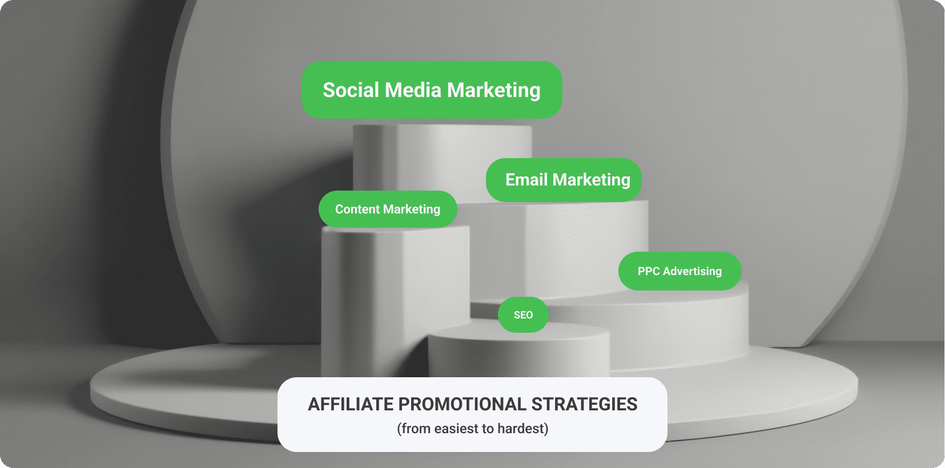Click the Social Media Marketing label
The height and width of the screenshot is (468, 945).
point(432,90)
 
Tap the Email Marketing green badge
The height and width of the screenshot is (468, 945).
point(564,180)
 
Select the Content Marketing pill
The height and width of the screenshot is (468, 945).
point(388,209)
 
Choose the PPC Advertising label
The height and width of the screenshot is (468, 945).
point(679,271)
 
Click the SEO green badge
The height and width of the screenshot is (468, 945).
point(523,314)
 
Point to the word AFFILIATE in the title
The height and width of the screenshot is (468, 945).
point(350,404)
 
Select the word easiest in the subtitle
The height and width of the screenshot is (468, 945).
point(456,429)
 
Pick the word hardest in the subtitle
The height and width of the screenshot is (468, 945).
point(522,429)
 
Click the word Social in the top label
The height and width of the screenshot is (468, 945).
point(351,90)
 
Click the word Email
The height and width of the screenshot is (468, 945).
point(526,180)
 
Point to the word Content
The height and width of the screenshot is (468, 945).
point(357,209)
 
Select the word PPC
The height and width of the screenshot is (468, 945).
point(649,271)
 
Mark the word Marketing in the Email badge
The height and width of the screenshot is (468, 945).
point(592,180)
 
